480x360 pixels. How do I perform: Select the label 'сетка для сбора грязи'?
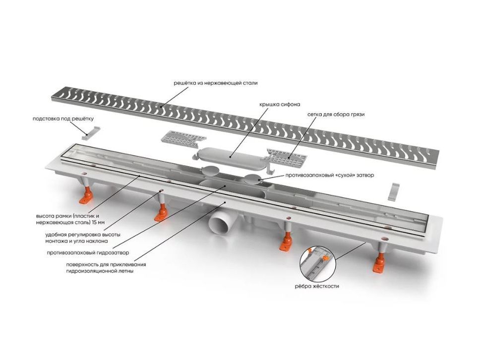tap(336, 115)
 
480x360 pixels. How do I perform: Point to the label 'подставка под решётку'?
tap(63, 119)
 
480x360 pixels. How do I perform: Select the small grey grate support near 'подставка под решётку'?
tap(92, 131)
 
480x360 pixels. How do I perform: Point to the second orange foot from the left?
tap(161, 213)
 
